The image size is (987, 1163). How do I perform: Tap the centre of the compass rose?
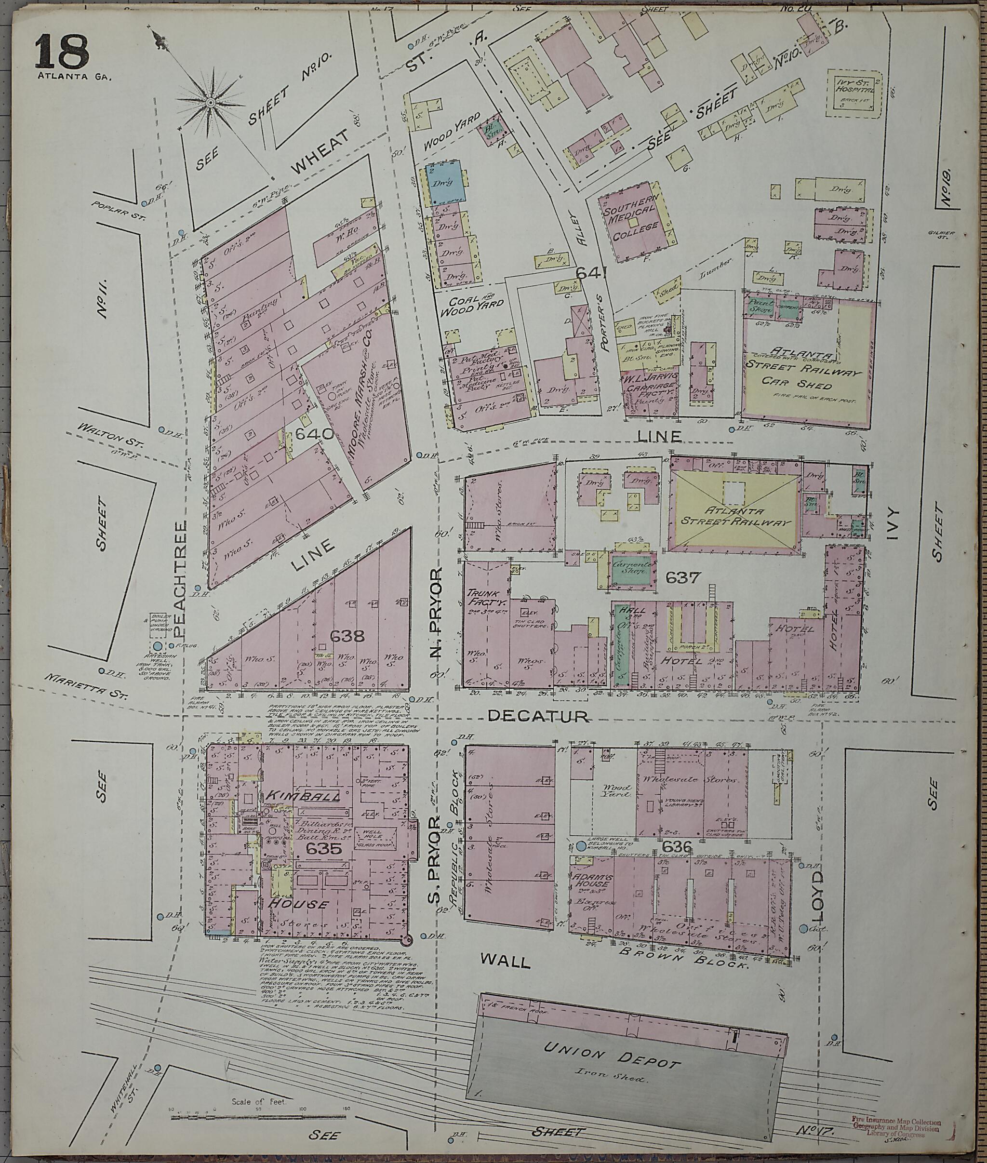pos(211,103)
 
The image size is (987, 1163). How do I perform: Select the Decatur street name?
pos(538,716)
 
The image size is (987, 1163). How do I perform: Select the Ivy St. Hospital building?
pos(854,94)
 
